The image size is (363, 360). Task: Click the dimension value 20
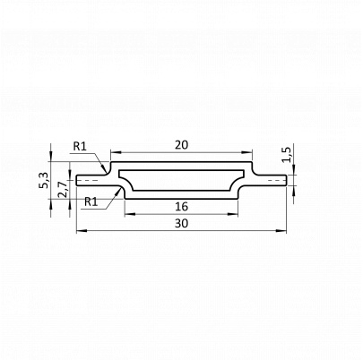(182, 145)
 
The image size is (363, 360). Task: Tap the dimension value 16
(182, 206)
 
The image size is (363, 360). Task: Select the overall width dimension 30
(182, 223)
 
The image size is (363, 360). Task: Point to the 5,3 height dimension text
(43, 181)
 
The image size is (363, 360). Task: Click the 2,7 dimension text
(63, 190)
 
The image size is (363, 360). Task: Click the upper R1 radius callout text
(80, 146)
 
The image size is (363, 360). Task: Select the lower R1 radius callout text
(91, 201)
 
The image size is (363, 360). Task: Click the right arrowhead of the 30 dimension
(281, 231)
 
